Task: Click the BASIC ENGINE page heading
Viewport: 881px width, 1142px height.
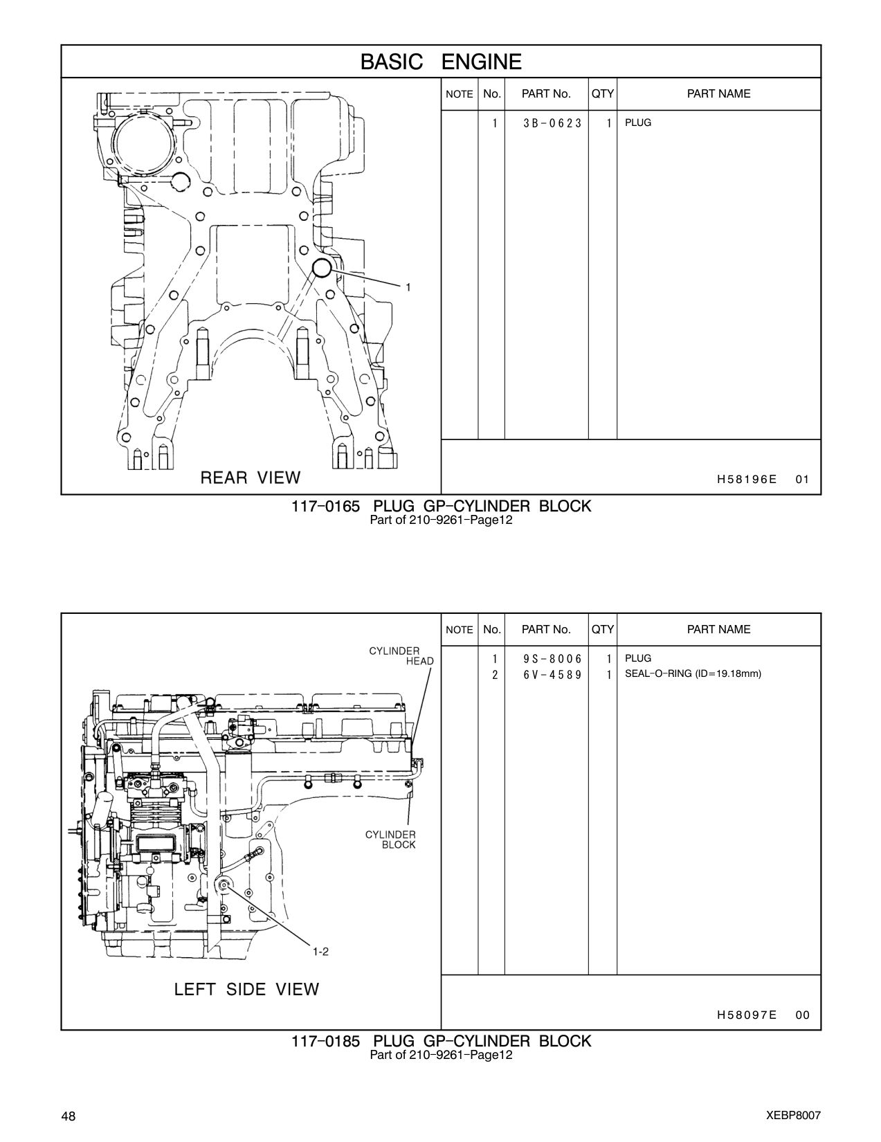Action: tap(441, 62)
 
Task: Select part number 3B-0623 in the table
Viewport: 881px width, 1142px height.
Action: tap(552, 123)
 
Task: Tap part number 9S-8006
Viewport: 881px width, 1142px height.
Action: tap(552, 659)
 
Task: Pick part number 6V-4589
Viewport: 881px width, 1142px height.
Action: tap(552, 675)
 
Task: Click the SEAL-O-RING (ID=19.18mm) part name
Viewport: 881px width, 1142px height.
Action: tap(693, 673)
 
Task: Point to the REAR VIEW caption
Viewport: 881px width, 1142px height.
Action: tap(251, 478)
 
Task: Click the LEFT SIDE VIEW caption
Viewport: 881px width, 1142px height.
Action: tap(247, 990)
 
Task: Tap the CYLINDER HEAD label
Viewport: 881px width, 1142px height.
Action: tap(401, 656)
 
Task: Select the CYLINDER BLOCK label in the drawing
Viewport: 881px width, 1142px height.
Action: tap(390, 840)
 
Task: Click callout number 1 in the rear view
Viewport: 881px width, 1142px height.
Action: tap(408, 287)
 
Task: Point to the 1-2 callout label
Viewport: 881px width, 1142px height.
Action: tap(320, 952)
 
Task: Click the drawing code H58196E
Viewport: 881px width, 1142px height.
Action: tap(747, 479)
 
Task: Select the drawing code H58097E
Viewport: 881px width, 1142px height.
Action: tap(747, 1015)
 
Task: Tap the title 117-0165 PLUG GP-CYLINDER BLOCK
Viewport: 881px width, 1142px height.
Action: tap(442, 507)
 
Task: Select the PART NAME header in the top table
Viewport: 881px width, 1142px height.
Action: tap(718, 93)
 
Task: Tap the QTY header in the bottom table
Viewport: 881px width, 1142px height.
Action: tap(603, 629)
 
